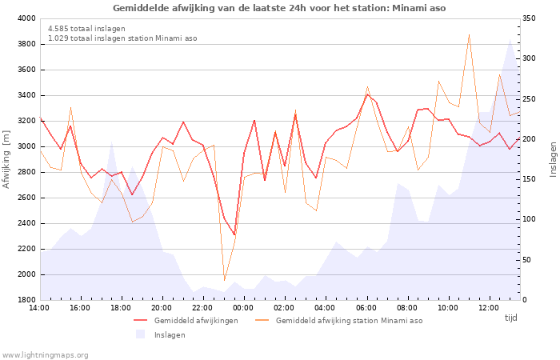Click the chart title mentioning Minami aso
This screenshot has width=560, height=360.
279,8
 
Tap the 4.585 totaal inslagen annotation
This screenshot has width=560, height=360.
86,29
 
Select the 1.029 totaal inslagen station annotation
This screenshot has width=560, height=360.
122,38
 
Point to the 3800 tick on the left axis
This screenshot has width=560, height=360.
26,44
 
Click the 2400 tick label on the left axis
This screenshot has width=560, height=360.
26,223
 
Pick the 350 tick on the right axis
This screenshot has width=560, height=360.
529,18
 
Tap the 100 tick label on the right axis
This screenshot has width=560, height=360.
529,219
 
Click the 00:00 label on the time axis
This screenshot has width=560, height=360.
243,308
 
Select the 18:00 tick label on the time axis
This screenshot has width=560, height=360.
121,308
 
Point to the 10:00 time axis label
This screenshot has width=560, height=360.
447,308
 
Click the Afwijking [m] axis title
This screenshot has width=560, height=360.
6,159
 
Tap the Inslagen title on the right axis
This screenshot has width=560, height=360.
553,159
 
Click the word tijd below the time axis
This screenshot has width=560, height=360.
510,318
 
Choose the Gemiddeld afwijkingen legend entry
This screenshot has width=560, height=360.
186,321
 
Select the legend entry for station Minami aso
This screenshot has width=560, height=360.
339,321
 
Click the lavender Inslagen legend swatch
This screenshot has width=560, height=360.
140,334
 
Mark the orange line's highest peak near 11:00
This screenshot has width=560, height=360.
469,34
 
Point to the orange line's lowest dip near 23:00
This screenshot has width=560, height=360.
224,280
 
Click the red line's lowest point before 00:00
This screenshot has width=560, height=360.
234,234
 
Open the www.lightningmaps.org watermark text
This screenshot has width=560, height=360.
45,355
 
